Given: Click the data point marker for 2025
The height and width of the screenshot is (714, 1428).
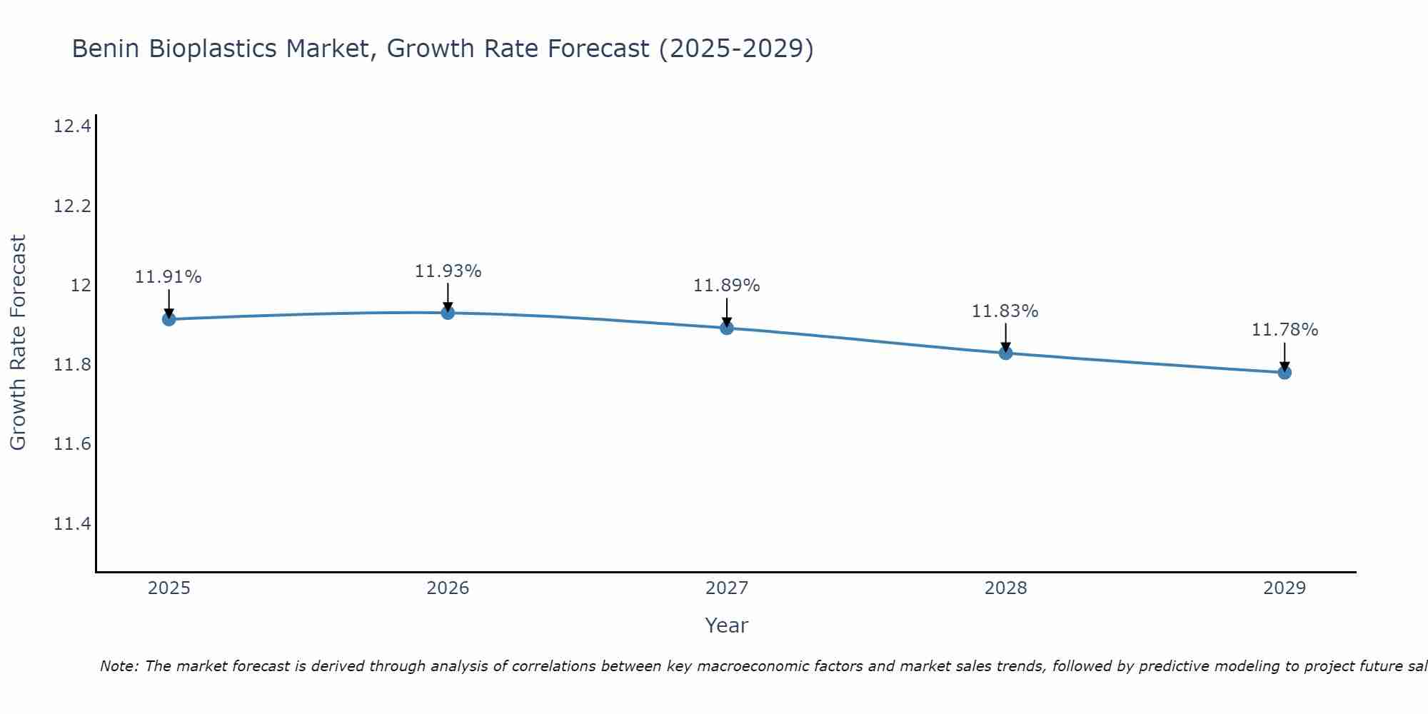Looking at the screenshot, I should [169, 319].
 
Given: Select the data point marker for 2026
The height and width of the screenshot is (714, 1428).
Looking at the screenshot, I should [448, 313].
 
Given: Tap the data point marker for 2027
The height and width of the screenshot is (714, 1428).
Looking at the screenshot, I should [727, 328].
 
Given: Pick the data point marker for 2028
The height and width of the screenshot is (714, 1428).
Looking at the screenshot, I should [1005, 353].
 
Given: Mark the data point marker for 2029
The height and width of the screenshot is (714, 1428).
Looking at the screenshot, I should [1284, 372].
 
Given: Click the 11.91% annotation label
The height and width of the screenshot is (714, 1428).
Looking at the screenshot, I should [169, 277].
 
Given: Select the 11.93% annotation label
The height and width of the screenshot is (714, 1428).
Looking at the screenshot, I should [448, 271].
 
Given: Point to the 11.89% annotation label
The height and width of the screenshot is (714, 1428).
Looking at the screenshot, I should [727, 286].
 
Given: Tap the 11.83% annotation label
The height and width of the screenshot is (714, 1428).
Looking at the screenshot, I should [1005, 311].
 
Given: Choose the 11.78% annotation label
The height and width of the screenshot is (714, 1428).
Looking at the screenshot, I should [1284, 330].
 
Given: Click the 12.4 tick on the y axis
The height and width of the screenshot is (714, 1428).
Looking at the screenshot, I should [72, 127].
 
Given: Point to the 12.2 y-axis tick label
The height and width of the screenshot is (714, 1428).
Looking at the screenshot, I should [72, 206].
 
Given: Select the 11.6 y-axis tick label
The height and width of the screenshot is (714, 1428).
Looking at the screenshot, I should [72, 445].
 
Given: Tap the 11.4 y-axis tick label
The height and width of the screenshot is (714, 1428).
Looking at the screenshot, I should [72, 524].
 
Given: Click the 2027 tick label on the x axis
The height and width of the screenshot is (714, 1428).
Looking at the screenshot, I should [727, 588].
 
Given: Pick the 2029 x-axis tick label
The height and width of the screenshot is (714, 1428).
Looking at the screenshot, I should [1284, 588].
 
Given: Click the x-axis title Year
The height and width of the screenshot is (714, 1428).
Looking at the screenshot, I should [727, 625].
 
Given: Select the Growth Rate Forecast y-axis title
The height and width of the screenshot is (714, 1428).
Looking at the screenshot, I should [18, 342].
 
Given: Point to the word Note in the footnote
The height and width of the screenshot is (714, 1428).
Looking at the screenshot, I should [119, 666].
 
